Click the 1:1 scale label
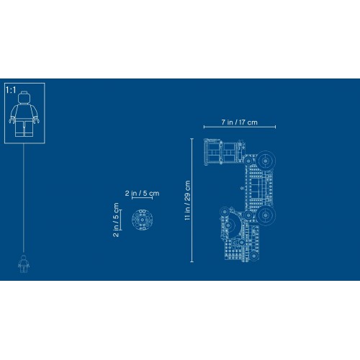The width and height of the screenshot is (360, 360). coord(11,90)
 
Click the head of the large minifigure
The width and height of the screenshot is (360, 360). coord(24,98)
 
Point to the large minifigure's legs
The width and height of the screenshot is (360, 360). coord(24,128)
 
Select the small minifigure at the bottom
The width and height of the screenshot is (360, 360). coord(24,264)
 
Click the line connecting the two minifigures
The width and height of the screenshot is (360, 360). coord(24,199)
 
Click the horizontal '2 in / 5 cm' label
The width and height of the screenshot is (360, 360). coord(142,193)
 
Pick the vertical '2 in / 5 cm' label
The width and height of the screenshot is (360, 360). coord(116,220)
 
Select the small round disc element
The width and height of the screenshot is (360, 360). coord(143,220)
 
